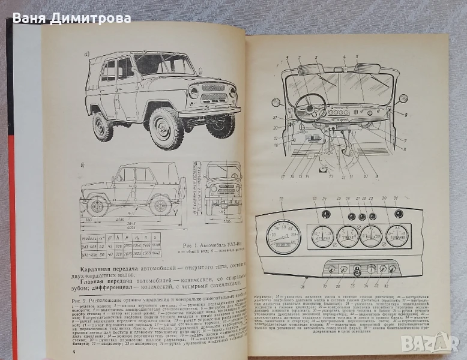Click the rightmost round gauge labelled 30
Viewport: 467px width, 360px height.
pos(396,235)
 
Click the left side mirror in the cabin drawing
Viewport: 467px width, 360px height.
pos(276,102)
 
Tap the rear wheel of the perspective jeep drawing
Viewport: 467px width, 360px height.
pos(103,127)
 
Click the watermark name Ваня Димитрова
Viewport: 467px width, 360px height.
pos(71,18)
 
